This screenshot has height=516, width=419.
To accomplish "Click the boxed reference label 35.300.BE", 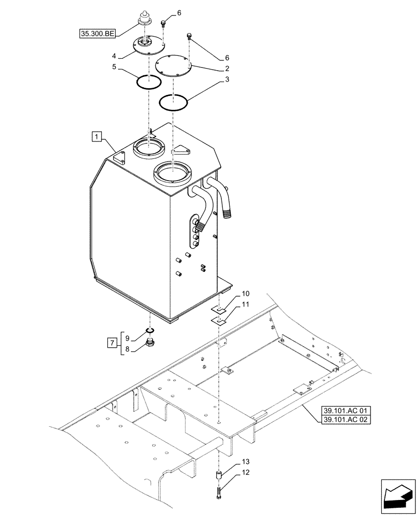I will coord(97,34).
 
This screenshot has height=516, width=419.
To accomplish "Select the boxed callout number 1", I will coord(96,137).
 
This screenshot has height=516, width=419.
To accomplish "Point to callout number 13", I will coord(245,462).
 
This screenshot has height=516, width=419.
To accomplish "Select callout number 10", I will coord(245,294).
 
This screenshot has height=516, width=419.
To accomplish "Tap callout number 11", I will coord(245,304).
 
